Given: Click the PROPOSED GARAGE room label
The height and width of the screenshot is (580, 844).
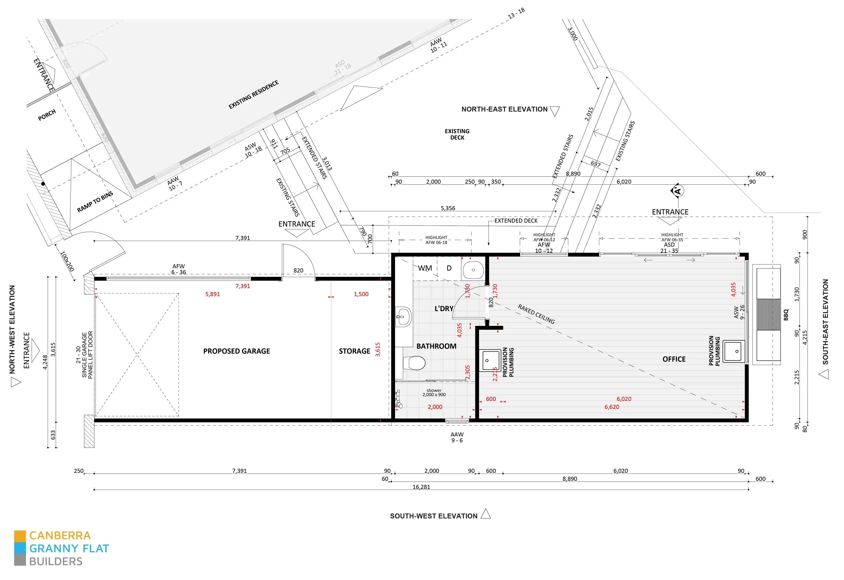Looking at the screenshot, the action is [237, 351].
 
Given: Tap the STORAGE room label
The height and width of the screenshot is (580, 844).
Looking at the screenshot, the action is [354, 351].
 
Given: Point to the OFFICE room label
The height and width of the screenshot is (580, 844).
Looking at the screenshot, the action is [674, 359].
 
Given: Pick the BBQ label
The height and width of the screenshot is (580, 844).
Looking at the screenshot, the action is [786, 315].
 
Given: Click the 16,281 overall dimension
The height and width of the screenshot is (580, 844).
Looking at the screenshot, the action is [421, 487].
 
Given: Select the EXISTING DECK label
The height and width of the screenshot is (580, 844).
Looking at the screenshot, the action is [457, 134].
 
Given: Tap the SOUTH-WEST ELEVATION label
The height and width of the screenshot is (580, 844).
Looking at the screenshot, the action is [434, 516].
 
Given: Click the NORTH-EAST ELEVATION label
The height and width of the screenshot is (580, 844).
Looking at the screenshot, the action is [504, 109].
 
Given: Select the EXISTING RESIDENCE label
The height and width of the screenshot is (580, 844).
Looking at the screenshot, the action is [254, 95].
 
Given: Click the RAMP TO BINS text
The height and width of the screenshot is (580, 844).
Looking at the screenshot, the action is [95, 202].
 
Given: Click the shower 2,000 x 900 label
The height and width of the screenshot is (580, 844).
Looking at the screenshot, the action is [434, 393].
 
